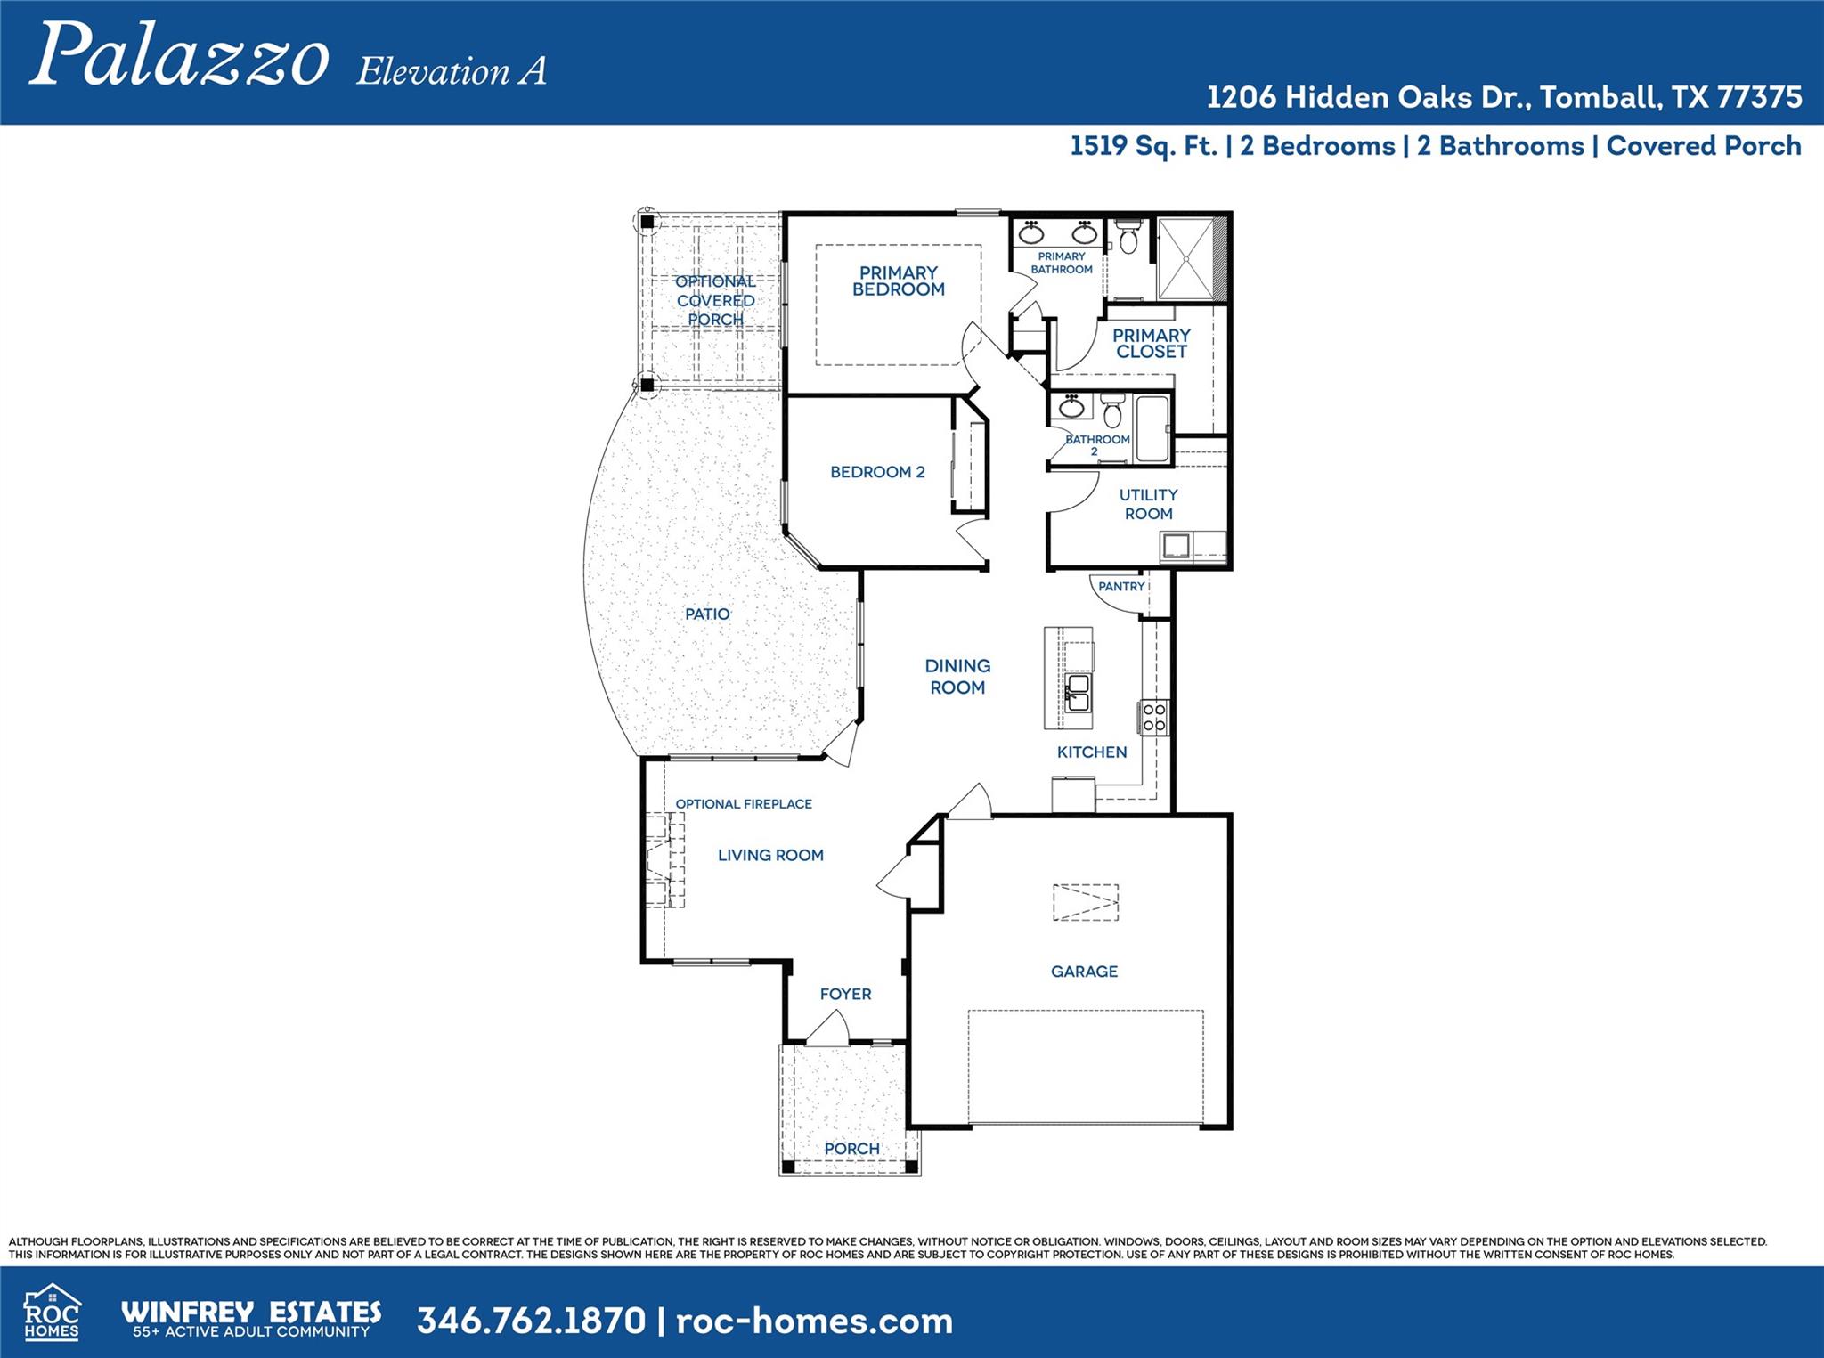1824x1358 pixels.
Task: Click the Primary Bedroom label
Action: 898,281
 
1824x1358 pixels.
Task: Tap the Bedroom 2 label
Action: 877,472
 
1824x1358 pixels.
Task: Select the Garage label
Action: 1084,972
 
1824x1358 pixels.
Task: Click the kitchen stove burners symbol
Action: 1154,717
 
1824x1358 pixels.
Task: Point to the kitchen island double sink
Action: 1078,692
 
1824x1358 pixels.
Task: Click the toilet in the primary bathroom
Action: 1128,239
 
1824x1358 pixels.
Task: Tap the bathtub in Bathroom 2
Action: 1152,429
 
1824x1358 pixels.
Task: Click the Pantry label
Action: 1120,587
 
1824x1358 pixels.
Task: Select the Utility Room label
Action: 1148,504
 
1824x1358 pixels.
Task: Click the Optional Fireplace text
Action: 744,804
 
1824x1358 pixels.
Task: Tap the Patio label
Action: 707,614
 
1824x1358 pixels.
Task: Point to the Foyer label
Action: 845,994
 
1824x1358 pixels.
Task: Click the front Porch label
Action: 851,1149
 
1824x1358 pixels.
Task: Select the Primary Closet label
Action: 1151,343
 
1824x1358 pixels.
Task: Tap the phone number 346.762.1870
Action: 531,1321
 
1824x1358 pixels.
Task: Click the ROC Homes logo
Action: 52,1313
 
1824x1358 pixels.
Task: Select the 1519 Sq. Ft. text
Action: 1143,146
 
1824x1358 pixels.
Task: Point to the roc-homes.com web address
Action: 814,1321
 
